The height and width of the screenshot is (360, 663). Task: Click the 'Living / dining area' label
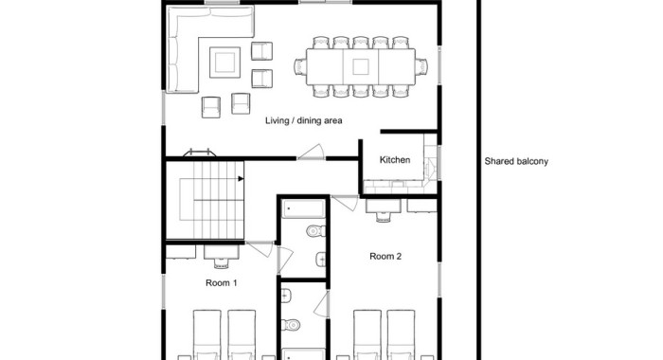point(304,120)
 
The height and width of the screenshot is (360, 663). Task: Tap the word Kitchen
point(395,160)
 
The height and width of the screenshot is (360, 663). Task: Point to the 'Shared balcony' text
point(516,161)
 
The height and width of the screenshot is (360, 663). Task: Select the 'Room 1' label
point(221,282)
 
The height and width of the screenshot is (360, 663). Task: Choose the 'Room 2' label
point(385,256)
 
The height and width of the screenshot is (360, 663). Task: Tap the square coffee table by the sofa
point(225,63)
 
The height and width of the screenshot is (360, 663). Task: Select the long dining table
point(361,67)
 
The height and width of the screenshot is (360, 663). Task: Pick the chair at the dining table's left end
point(300,67)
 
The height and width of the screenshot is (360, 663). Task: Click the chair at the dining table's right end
point(421,67)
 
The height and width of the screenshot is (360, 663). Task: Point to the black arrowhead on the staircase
point(241,178)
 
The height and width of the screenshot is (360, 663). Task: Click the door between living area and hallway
point(312,153)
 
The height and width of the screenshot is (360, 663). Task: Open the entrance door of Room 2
point(345,203)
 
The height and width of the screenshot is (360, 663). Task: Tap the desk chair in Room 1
point(221,262)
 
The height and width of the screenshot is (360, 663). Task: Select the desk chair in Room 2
point(383,216)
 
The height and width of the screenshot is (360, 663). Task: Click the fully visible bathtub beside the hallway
point(304,209)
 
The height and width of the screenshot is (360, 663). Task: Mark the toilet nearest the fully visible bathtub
point(315,231)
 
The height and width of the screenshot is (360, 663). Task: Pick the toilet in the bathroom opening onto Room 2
point(291,325)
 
